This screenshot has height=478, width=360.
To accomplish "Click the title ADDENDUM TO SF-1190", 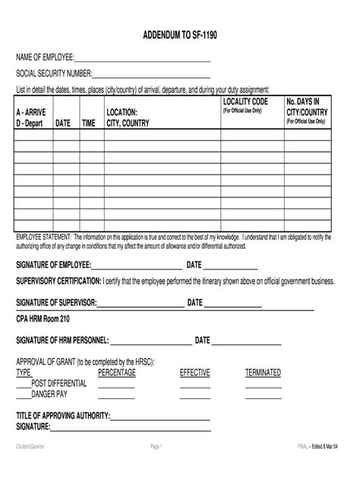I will (x=180, y=36).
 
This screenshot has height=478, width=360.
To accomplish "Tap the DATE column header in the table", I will (x=64, y=123).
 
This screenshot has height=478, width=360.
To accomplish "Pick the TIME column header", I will (x=89, y=123).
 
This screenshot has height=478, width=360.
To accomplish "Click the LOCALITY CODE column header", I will (x=245, y=102).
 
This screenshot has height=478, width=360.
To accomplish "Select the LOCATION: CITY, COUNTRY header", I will (x=128, y=118).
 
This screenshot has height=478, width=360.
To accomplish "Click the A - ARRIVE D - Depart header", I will (x=31, y=118).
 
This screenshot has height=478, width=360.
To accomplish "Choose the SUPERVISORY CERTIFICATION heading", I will (x=58, y=281).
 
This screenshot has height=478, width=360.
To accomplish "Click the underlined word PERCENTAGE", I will (x=117, y=373).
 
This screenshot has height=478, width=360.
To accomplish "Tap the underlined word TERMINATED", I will (x=263, y=373).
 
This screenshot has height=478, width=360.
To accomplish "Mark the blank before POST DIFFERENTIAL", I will (x=24, y=385).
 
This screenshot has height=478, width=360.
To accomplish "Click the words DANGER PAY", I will (x=49, y=395).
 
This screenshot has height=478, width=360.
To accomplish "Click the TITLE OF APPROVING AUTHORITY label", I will (x=63, y=416).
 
